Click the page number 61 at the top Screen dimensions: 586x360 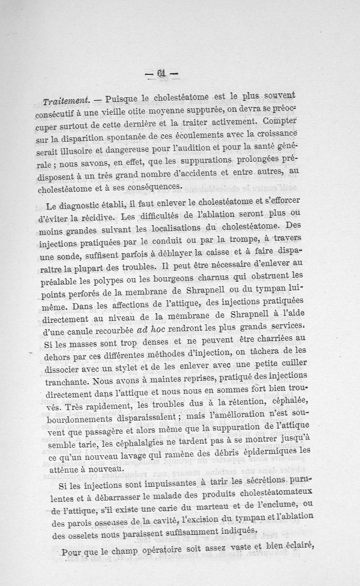[x=162, y=73]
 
